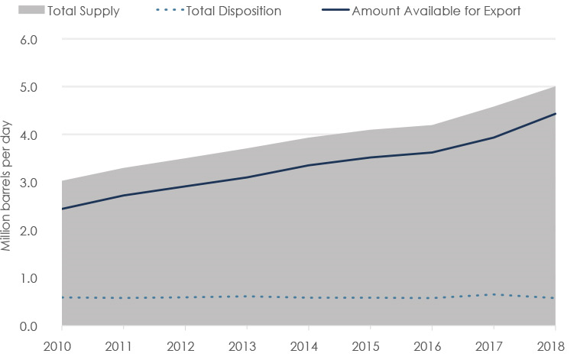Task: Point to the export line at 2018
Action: point(556,113)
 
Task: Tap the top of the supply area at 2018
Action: point(556,86)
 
